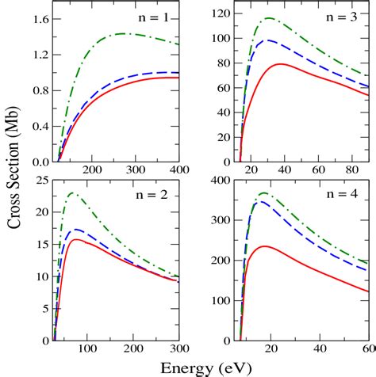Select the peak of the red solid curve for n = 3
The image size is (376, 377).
pos(280,63)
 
